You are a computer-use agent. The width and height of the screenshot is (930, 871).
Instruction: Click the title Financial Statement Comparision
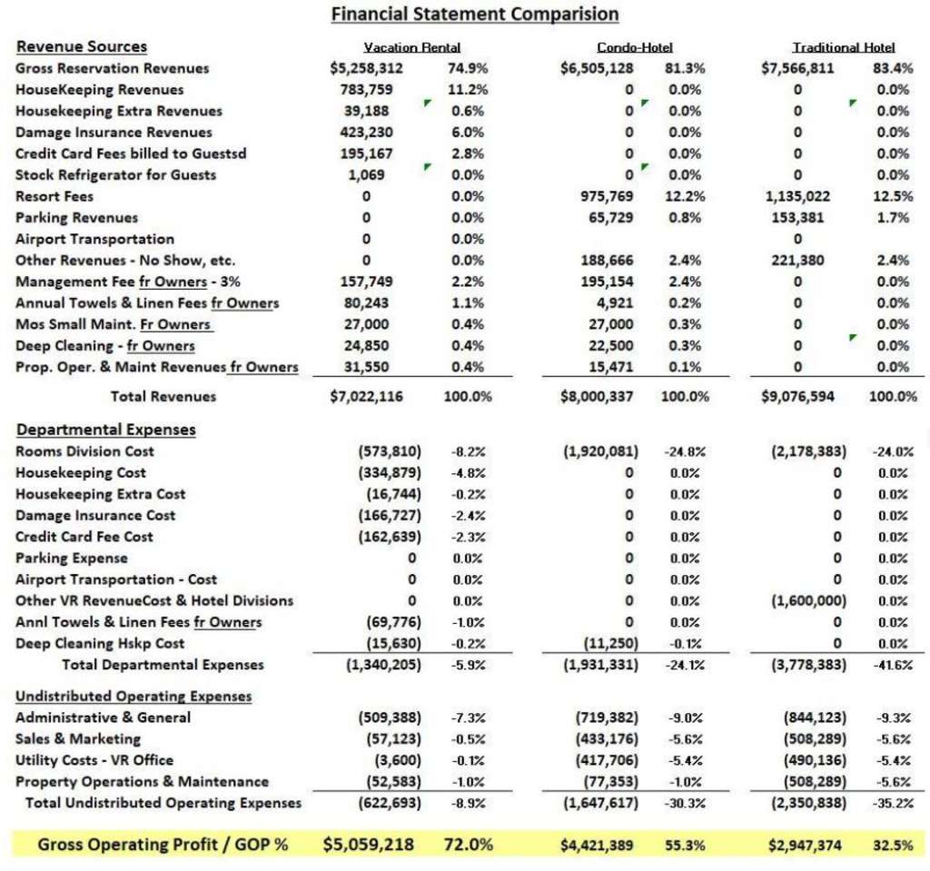pyautogui.click(x=474, y=15)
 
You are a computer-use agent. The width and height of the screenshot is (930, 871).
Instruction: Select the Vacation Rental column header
pyautogui.click(x=411, y=47)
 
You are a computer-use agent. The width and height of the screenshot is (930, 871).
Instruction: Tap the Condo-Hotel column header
pyautogui.click(x=635, y=47)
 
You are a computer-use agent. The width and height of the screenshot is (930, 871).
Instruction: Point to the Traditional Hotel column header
pyautogui.click(x=844, y=47)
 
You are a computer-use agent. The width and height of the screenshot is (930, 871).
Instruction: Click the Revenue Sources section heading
pyautogui.click(x=81, y=46)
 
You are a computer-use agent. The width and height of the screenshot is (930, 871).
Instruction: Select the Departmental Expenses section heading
pyautogui.click(x=105, y=429)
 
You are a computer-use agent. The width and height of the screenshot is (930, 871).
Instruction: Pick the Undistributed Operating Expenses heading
pyautogui.click(x=134, y=696)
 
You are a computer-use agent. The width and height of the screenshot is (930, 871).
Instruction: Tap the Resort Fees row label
pyautogui.click(x=54, y=196)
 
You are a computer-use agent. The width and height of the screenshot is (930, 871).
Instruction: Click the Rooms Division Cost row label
pyautogui.click(x=84, y=451)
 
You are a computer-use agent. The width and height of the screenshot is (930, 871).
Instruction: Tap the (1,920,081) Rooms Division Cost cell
pyautogui.click(x=601, y=451)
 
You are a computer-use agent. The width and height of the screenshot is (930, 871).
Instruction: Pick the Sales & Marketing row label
pyautogui.click(x=78, y=739)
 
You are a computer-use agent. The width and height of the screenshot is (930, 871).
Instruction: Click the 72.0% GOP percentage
pyautogui.click(x=470, y=844)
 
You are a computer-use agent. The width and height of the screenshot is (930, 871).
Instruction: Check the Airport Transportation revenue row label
pyautogui.click(x=94, y=239)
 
